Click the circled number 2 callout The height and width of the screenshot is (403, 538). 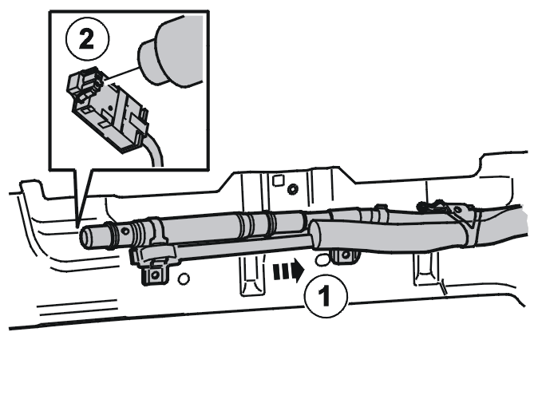point(88,39)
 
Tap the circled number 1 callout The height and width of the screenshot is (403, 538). point(326,294)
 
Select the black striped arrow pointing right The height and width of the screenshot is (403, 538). point(289,270)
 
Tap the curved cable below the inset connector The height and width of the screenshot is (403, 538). point(154,151)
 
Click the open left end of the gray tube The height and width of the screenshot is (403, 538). point(85,237)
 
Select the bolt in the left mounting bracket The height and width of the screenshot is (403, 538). point(155,275)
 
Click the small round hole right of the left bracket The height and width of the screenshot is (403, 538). point(184,279)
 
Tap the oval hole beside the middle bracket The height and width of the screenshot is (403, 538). point(321,260)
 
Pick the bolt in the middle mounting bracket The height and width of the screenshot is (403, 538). point(346,255)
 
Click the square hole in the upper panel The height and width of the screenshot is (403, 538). point(279,180)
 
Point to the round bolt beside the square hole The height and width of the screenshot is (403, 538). point(293,188)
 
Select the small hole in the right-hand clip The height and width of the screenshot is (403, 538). point(457,210)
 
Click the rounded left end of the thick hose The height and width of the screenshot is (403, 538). point(315,235)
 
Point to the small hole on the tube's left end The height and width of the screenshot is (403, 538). point(125,231)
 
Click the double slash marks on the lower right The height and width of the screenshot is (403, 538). point(443,286)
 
